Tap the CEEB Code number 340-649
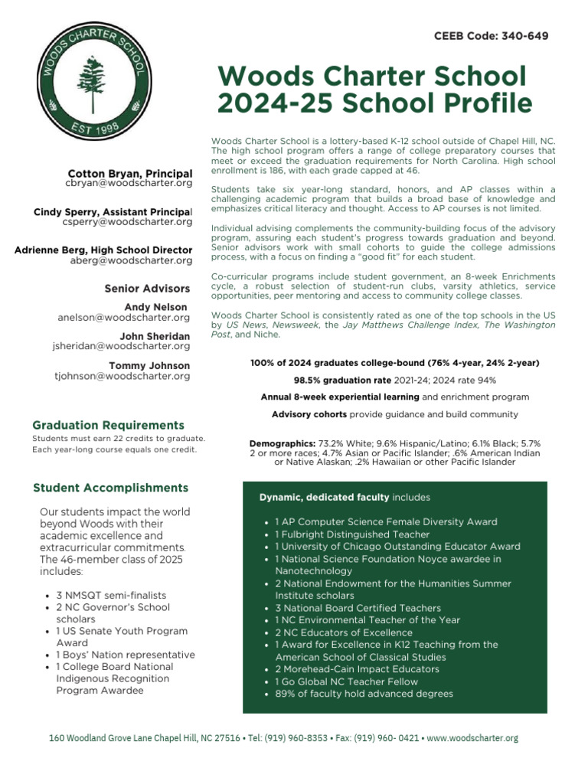[522, 36]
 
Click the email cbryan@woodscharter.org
[128, 185]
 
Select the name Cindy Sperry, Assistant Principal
[113, 211]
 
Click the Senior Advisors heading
[147, 289]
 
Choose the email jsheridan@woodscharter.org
[121, 346]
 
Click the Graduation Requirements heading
[108, 425]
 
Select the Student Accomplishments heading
[110, 488]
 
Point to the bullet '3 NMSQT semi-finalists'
[111, 595]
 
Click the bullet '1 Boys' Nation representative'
[126, 655]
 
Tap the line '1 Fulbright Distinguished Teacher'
[351, 534]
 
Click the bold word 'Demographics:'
[282, 444]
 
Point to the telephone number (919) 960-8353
[292, 738]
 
